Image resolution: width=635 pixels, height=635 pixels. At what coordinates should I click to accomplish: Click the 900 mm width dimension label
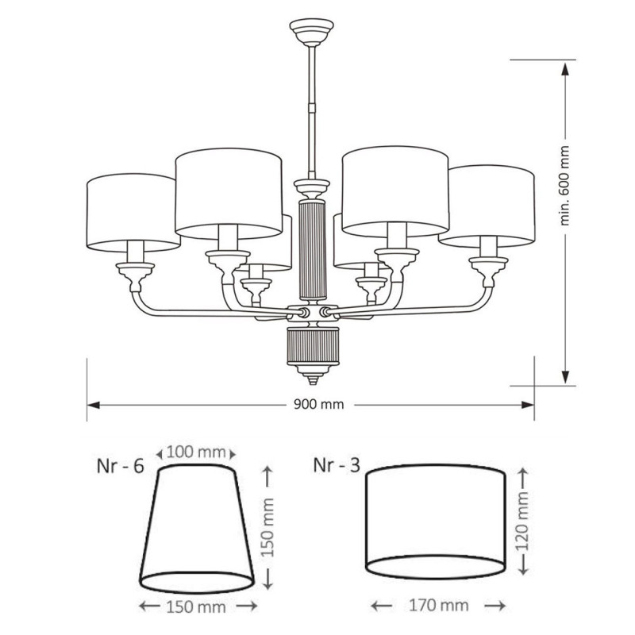coord(318,404)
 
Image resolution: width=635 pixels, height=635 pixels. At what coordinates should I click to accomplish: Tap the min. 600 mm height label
coord(564,185)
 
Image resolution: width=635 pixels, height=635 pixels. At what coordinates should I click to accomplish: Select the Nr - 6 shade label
coord(121,466)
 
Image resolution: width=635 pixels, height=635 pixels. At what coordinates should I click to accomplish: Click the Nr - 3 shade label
coord(337,465)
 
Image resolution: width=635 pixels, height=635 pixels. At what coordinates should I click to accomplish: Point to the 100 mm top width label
coord(195,452)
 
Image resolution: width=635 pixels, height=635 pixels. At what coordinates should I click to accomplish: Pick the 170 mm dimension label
coord(439,606)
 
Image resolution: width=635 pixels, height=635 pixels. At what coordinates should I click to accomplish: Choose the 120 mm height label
coord(523,521)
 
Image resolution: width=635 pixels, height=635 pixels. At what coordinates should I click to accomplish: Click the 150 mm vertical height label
coord(267,528)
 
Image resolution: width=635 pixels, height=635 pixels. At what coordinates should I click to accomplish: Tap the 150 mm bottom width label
coord(196,606)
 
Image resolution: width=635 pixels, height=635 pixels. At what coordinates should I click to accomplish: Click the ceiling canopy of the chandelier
coord(311,33)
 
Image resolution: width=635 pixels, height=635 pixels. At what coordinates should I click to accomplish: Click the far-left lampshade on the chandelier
coord(133,213)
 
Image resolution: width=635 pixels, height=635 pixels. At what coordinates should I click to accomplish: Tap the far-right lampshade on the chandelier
coord(487,206)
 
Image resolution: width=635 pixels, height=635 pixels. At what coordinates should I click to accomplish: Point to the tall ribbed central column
coord(311,249)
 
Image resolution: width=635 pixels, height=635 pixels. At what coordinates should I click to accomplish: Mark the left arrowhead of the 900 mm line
coord(93,405)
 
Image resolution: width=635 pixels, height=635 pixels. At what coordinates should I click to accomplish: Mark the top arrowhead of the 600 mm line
coord(565,70)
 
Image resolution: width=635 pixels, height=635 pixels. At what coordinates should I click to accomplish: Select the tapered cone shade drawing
coord(196,529)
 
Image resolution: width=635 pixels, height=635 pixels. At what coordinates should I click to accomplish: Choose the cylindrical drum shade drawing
coord(435,522)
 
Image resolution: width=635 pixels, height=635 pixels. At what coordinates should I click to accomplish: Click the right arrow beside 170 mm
coord(495,606)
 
